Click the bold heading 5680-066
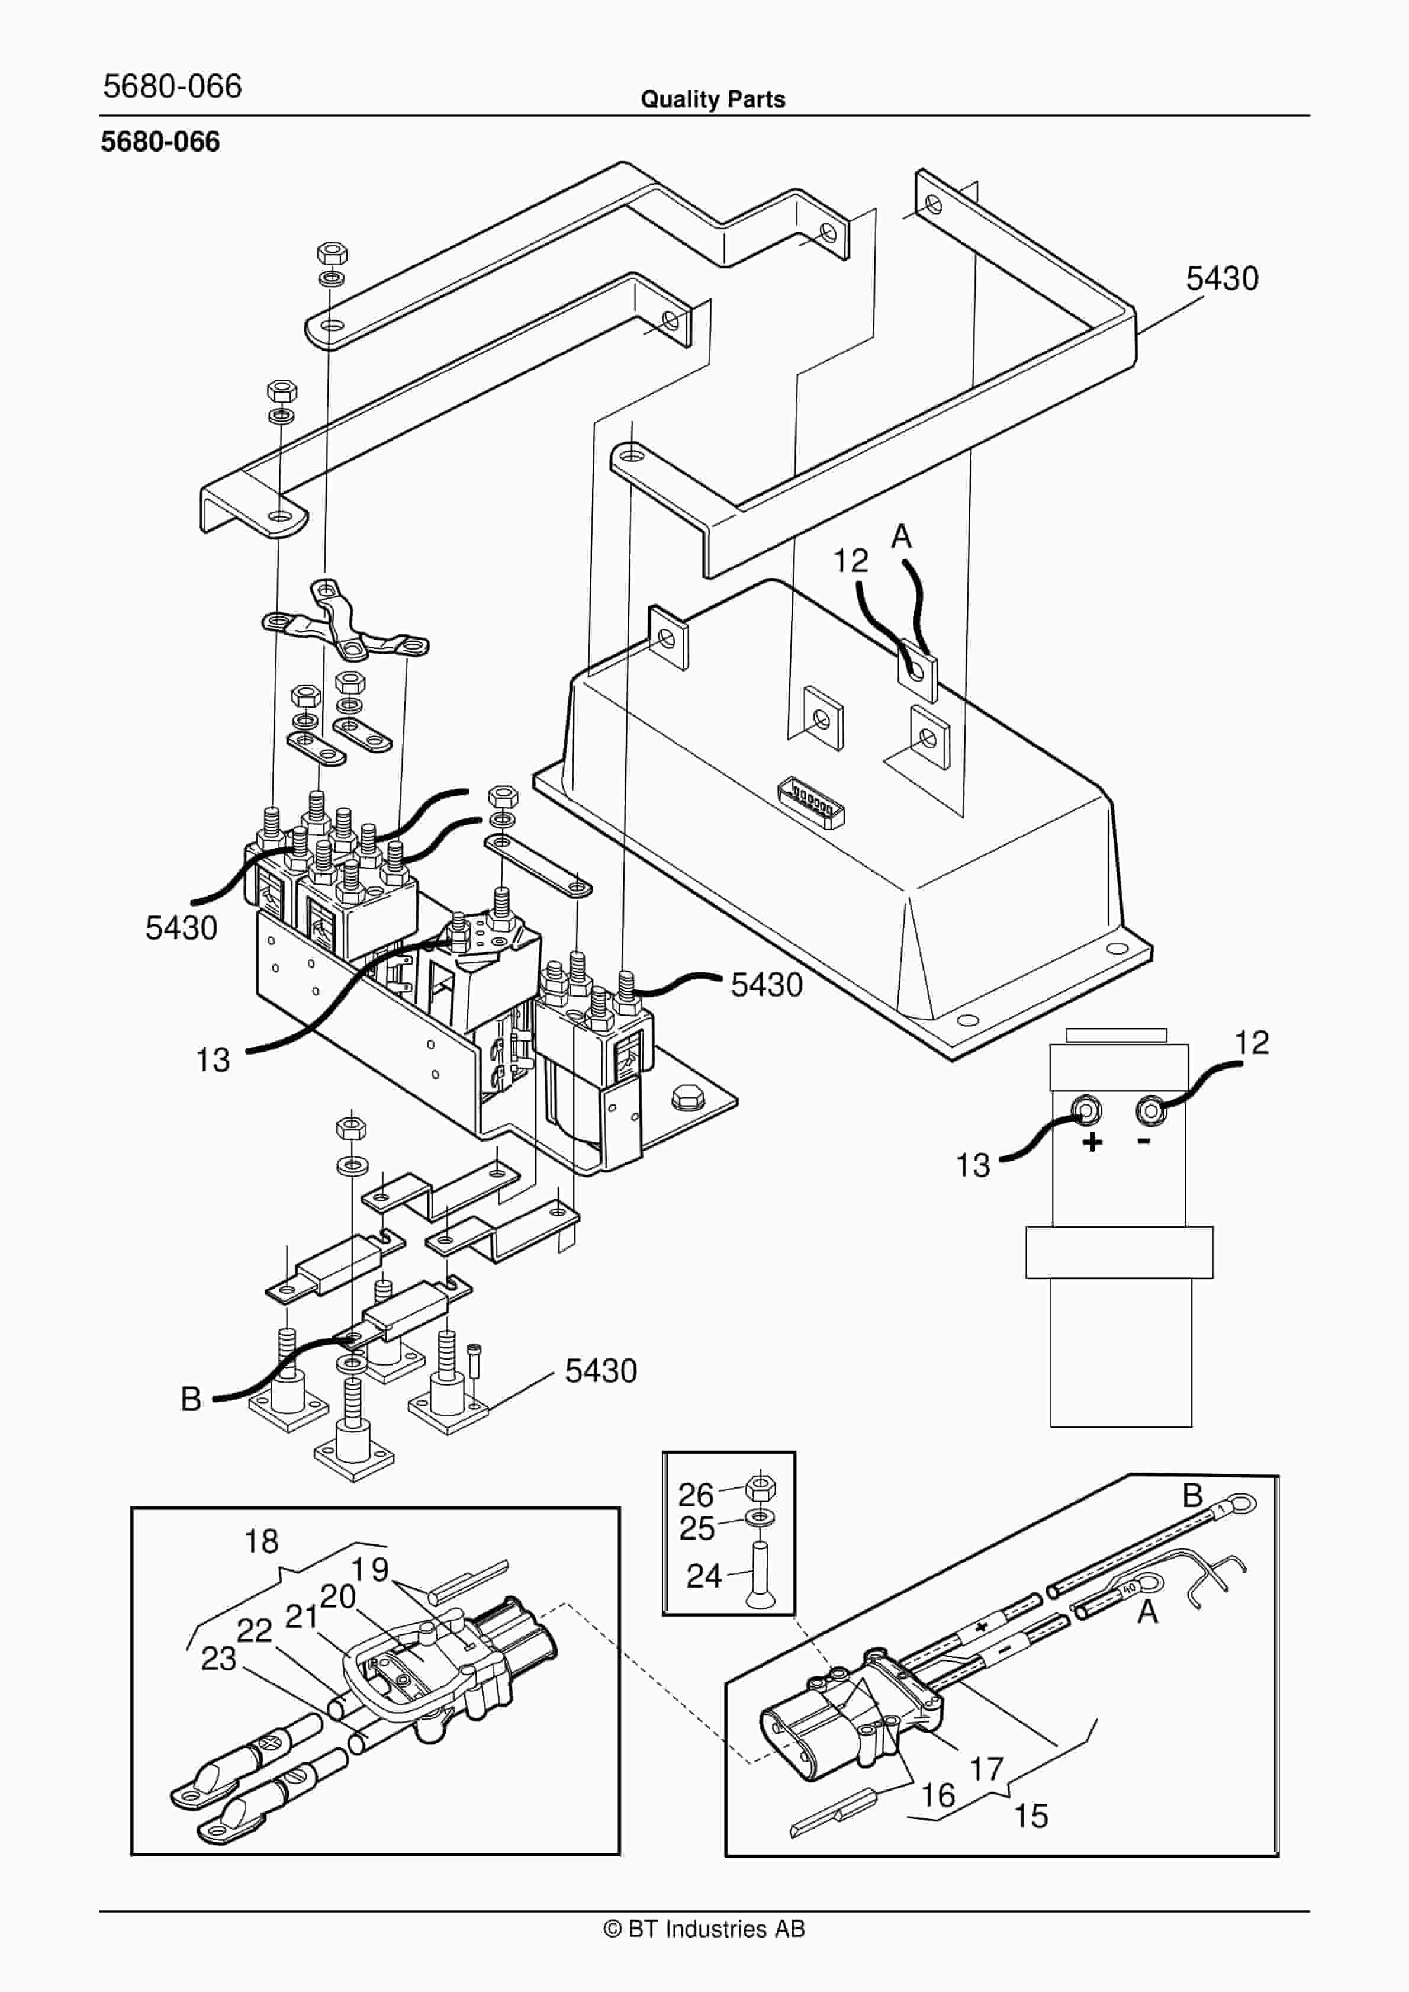click(160, 142)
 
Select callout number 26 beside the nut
click(696, 1495)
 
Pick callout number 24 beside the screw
click(704, 1576)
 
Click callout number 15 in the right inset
click(1031, 1816)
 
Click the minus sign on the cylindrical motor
click(1144, 1141)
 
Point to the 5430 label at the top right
click(1221, 278)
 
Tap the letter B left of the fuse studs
click(191, 1399)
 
